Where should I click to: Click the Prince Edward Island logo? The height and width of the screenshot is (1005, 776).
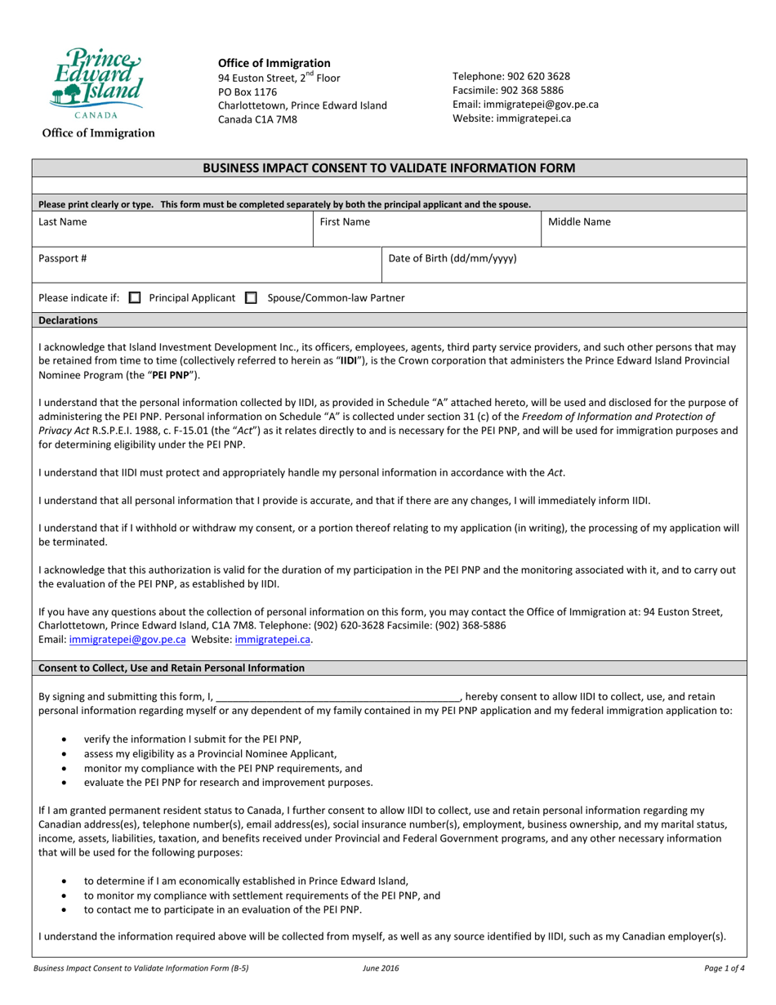[96, 82]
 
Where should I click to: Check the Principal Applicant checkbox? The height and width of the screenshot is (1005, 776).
[136, 298]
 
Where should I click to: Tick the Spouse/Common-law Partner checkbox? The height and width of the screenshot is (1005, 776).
[252, 298]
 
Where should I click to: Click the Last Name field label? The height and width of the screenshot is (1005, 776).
[63, 222]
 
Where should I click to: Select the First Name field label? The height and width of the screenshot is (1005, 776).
[344, 222]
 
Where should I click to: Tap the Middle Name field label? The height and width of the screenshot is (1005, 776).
[578, 222]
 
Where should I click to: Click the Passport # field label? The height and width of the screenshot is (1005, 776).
[62, 258]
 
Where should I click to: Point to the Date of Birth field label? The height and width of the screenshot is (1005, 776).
[452, 258]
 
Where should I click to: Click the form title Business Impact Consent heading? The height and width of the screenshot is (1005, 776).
[388, 167]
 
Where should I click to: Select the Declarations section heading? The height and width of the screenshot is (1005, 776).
[68, 321]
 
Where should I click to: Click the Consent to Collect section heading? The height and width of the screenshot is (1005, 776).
[172, 668]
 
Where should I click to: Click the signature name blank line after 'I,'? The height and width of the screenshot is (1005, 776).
[338, 697]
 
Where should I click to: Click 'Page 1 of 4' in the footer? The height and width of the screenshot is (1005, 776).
[723, 968]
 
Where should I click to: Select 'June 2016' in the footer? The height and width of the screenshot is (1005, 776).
[381, 968]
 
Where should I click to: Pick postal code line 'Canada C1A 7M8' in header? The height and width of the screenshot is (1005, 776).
[256, 119]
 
